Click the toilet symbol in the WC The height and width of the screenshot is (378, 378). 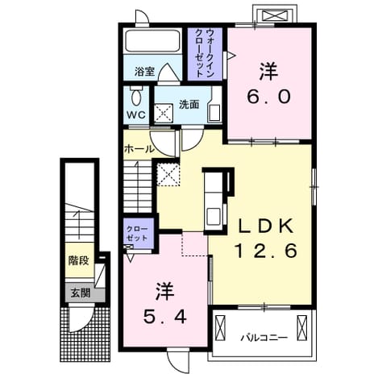(x=136, y=95)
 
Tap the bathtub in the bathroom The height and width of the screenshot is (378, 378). (x=152, y=41)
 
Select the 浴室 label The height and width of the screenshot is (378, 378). (x=144, y=71)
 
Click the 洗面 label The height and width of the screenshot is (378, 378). (x=189, y=104)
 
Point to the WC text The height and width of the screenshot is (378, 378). (x=136, y=115)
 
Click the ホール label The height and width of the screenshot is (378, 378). (x=139, y=148)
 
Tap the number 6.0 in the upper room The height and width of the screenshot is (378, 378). (x=268, y=97)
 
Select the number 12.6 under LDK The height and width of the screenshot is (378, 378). (x=267, y=251)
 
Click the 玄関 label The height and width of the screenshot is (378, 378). (x=81, y=293)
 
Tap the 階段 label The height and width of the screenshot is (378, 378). (x=78, y=260)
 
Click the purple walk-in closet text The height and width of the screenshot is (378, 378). (x=205, y=53)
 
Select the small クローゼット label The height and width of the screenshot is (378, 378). (x=137, y=234)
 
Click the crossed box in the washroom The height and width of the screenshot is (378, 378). (x=164, y=114)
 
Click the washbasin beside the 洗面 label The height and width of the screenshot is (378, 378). (x=214, y=114)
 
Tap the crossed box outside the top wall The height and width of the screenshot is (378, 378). (x=274, y=15)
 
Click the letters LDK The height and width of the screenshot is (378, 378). (x=266, y=226)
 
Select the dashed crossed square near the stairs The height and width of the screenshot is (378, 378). (x=168, y=174)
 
